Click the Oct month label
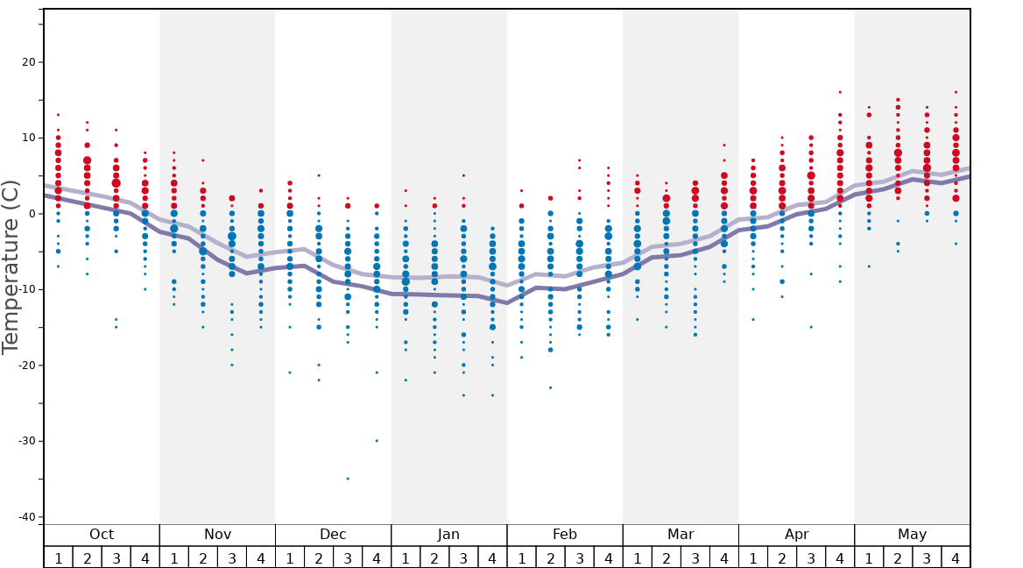(102, 535)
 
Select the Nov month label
(217, 535)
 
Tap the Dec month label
(333, 535)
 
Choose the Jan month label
(448, 535)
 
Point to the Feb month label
(565, 535)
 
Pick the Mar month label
(681, 535)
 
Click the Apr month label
(796, 535)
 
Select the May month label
(912, 535)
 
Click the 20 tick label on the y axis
(26, 62)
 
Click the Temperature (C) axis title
(11, 266)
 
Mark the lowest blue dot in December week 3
(348, 479)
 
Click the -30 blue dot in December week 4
(377, 441)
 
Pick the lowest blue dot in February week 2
(550, 387)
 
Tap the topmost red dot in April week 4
(840, 92)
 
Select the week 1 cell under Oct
(58, 557)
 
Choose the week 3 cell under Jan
(463, 557)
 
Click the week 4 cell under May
(956, 557)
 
